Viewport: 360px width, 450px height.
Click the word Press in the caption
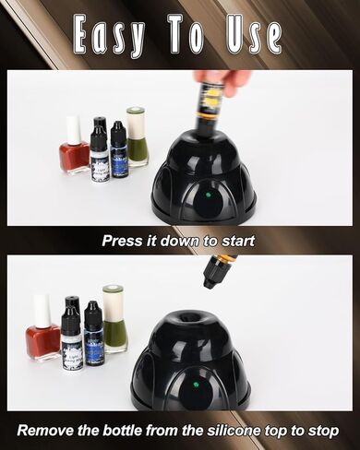tap(123, 241)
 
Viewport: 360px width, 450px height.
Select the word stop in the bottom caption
tap(319, 431)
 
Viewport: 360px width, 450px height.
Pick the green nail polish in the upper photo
tap(138, 141)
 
